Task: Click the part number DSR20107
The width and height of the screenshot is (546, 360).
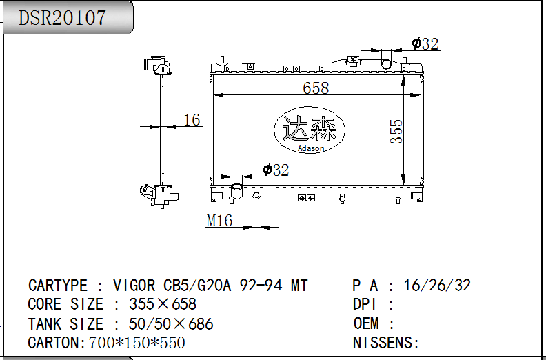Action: [x=62, y=18]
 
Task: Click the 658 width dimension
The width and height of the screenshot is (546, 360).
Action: [x=316, y=88]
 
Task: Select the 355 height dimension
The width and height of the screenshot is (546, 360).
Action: [x=396, y=132]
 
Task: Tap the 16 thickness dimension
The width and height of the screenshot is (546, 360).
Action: [x=192, y=120]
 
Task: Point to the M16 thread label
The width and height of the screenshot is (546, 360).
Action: [x=219, y=221]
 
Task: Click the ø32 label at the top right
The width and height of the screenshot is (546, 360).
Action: [x=425, y=43]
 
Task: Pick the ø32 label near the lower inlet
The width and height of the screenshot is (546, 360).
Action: [x=276, y=170]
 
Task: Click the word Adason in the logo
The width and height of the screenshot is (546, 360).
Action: [x=311, y=148]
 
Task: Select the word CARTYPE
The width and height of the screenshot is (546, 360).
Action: [x=58, y=286]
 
